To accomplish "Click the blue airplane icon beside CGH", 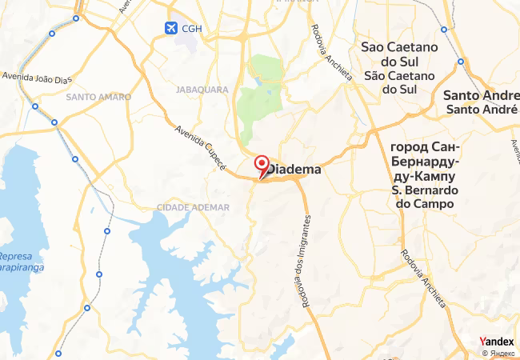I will pyautogui.click(x=170, y=28).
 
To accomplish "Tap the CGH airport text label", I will pyautogui.click(x=192, y=29).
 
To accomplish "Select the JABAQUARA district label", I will pyautogui.click(x=202, y=90).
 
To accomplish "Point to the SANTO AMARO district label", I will pyautogui.click(x=98, y=97).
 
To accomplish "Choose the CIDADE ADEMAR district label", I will pyautogui.click(x=193, y=207).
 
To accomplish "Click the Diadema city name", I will pyautogui.click(x=294, y=170).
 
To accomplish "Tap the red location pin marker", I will pyautogui.click(x=261, y=166).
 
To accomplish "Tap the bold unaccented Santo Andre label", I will pyautogui.click(x=479, y=95).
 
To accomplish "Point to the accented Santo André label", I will pyautogui.click(x=479, y=110).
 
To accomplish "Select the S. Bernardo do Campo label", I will pyautogui.click(x=424, y=197).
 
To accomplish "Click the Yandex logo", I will pyautogui.click(x=496, y=342).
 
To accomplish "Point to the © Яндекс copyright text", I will pyautogui.click(x=499, y=353).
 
